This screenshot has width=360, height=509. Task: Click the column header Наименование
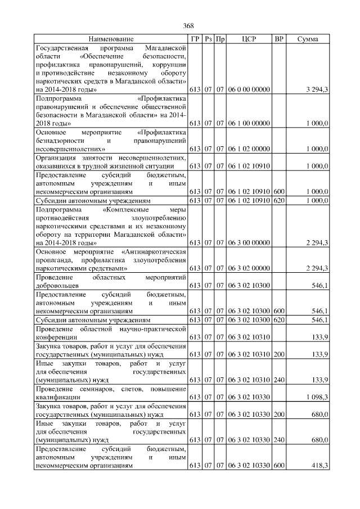click(x=111, y=39)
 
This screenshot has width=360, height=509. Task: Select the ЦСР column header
click(x=249, y=39)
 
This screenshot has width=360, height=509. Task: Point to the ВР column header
click(x=278, y=39)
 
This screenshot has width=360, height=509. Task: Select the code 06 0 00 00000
click(x=249, y=89)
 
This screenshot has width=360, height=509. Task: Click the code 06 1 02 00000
click(x=249, y=149)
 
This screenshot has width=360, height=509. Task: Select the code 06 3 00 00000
click(x=249, y=242)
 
